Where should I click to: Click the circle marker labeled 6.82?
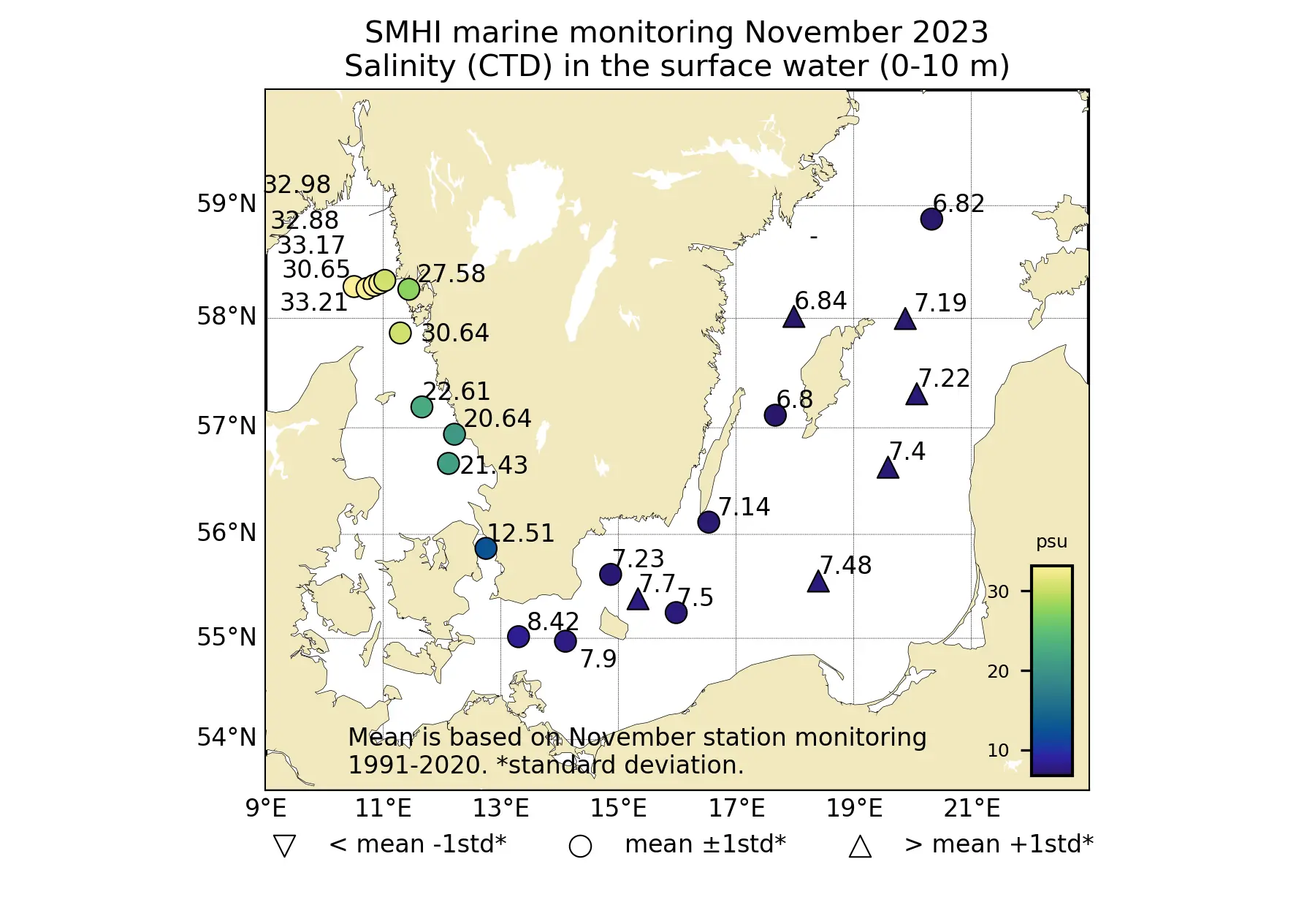click(931, 219)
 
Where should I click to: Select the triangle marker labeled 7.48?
click(818, 582)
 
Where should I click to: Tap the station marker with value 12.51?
click(486, 548)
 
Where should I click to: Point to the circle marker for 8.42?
click(518, 637)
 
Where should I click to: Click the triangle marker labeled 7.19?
click(905, 319)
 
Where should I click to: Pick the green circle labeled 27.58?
click(408, 289)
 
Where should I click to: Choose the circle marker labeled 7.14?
click(708, 522)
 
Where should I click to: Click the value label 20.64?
click(498, 419)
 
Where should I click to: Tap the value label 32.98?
click(297, 185)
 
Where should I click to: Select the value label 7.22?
click(944, 379)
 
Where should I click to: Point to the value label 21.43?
click(494, 466)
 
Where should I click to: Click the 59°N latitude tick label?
click(226, 204)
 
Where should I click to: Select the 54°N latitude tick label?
click(226, 737)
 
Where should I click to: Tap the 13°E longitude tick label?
click(500, 809)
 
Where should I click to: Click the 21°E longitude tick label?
click(972, 809)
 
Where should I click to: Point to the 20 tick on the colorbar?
click(998, 671)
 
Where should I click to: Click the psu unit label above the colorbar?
click(1051, 542)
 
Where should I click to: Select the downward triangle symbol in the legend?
click(284, 846)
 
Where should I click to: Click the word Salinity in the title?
click(400, 67)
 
